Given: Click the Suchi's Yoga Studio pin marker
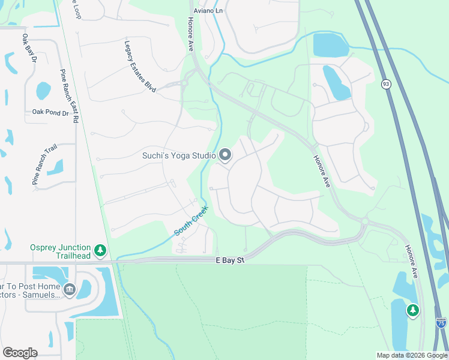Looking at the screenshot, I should click(225, 155).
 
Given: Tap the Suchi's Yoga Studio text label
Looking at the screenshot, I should click(179, 155).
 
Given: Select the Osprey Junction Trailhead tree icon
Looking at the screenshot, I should click(101, 250).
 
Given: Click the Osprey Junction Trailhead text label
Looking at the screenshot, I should click(60, 251).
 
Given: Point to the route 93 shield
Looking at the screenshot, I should click(386, 84).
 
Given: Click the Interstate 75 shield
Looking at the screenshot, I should click(441, 323).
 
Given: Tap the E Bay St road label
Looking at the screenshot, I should click(231, 260).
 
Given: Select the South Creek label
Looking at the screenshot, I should click(191, 221).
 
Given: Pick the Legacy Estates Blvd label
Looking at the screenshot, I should click(140, 66).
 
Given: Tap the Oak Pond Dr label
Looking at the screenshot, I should click(51, 112).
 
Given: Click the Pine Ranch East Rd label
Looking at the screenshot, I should click(68, 96).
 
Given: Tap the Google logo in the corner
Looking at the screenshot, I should click(20, 353).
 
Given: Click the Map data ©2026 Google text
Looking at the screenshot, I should click(412, 355).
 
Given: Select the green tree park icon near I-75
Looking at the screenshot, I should click(412, 310).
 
